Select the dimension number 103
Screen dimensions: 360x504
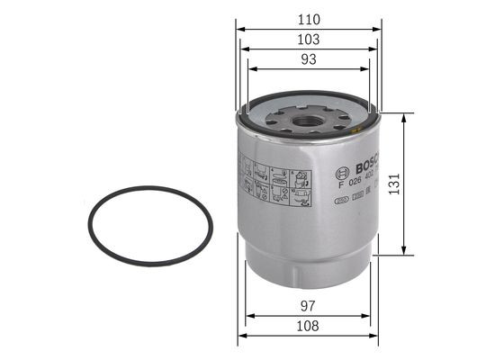click(309, 40)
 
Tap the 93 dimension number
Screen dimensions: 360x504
click(309, 59)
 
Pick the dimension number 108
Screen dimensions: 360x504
click(309, 327)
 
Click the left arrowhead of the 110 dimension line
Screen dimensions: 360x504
click(240, 29)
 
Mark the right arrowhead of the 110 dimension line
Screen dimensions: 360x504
click(379, 29)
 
